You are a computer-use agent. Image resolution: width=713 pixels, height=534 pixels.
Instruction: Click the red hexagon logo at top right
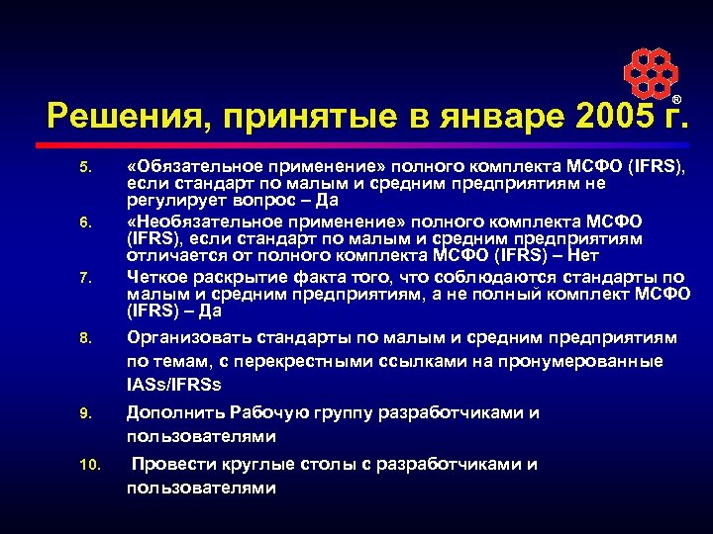(x=650, y=71)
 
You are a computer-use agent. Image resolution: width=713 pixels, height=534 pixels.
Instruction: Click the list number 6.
(x=84, y=224)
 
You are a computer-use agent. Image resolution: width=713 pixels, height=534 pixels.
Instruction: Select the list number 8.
(x=84, y=339)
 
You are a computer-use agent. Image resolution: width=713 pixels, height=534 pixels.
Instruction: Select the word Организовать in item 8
(x=184, y=338)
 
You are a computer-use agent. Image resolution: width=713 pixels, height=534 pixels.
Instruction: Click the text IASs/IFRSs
(x=174, y=384)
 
